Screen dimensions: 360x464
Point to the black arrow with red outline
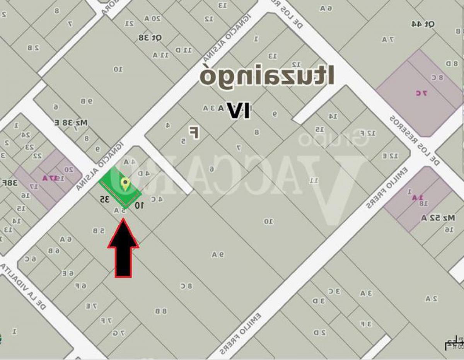123,248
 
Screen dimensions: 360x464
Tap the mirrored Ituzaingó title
267,76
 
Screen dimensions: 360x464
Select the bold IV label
238,110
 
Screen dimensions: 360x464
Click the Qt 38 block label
150,38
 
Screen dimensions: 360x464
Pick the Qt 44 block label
423,24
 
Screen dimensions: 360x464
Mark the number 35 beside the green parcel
104,200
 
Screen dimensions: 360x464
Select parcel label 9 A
218,254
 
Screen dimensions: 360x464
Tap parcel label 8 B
161,311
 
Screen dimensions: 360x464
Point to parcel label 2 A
431,298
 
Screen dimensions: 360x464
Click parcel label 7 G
119,333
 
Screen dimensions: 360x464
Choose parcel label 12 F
370,133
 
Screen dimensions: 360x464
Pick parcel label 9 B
87,101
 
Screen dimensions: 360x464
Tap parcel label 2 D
319,332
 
